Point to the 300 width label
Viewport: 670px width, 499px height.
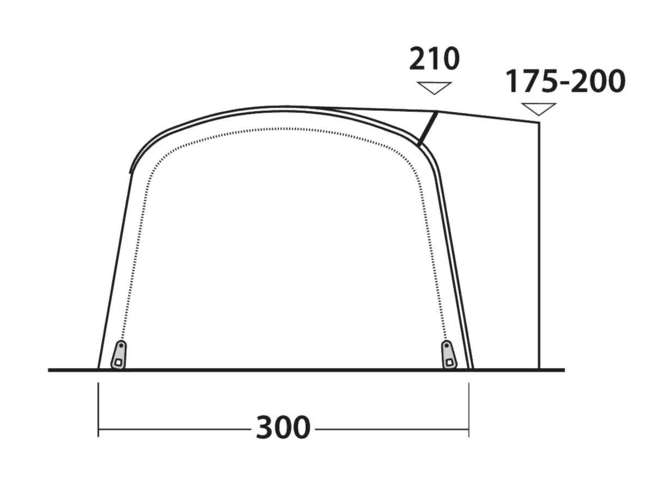283,428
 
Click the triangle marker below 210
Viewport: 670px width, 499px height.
434,87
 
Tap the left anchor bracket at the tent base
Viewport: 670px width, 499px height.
118,355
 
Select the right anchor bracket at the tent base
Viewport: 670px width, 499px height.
448,355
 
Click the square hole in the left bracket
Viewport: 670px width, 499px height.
117,361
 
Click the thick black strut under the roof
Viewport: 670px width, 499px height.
427,129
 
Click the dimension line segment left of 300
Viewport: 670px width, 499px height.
174,429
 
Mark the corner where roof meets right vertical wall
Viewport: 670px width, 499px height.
539,122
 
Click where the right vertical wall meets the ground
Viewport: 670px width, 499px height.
539,369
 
